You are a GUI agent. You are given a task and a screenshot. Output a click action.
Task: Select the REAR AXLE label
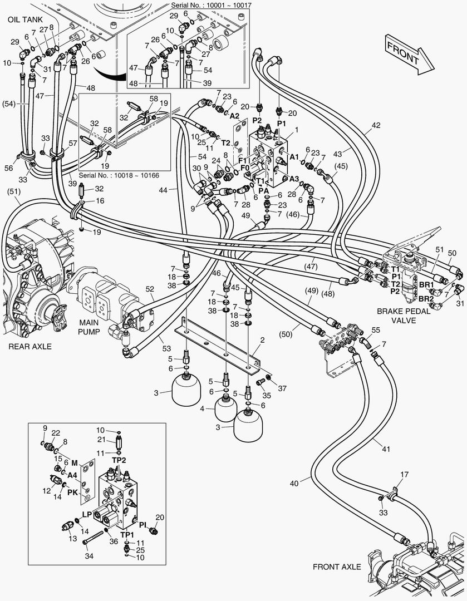[30, 346]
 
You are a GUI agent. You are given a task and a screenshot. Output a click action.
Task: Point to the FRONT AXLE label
[337, 567]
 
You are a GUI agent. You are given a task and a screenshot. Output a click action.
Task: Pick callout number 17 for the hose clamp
[405, 474]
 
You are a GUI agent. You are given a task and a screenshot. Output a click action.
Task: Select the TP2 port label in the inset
[119, 460]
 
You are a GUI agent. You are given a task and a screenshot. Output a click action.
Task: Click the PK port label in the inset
[73, 492]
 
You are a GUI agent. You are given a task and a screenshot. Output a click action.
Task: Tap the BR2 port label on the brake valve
[426, 299]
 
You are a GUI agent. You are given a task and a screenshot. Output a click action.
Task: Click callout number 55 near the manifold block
[375, 330]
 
